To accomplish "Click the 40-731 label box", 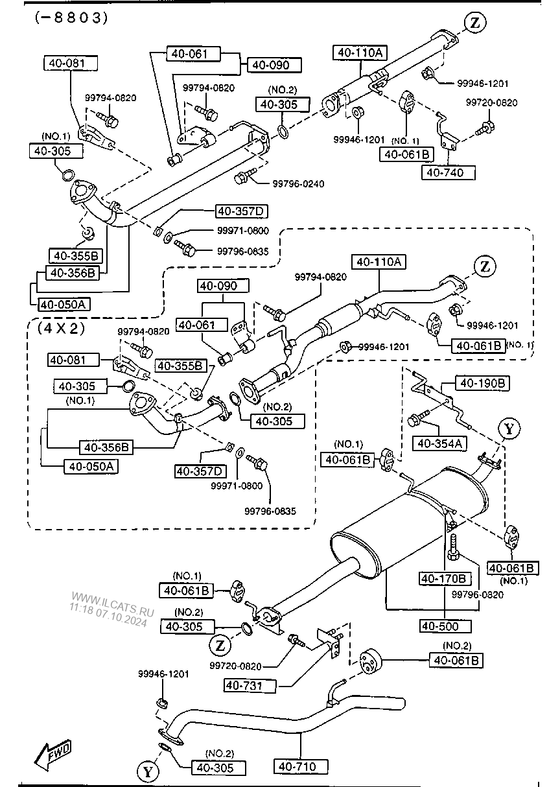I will pyautogui.click(x=250, y=685).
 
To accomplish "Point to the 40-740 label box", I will pyautogui.click(x=448, y=172).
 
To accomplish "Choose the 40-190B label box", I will pyautogui.click(x=482, y=383).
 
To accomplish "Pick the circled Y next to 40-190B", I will pyautogui.click(x=509, y=428).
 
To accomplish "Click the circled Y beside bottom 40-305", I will pyautogui.click(x=147, y=771).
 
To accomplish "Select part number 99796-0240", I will pyautogui.click(x=297, y=183).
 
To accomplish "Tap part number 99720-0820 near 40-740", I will pyautogui.click(x=493, y=102).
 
